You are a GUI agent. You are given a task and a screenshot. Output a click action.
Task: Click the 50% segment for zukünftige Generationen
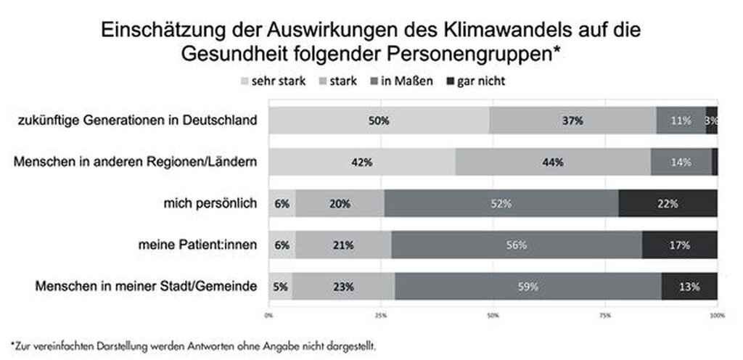coord(378,120)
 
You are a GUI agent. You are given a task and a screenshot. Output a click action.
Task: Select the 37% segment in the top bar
coord(572,120)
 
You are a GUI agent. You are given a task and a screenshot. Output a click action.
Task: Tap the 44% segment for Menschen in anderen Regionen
coord(553,162)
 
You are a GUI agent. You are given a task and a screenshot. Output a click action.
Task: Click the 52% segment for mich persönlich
coord(501,204)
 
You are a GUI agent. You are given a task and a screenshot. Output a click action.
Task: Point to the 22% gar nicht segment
coord(668,204)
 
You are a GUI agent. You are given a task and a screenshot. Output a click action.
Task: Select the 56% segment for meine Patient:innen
coord(516,245)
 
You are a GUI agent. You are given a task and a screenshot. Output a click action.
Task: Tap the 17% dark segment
coord(679,245)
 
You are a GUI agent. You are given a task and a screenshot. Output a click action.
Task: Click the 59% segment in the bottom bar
coord(528,287)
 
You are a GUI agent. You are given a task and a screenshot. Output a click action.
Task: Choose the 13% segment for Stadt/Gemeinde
coord(689,287)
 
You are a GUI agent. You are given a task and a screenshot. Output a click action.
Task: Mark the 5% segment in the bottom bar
coord(280,287)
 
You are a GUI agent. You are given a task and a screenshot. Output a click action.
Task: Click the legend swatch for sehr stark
coord(244,81)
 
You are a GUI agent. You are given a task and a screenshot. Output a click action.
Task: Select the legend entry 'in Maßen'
coord(406,81)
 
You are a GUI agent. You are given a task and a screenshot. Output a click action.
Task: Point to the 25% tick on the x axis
coord(380,316)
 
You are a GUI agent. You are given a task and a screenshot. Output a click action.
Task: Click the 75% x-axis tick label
coord(605,316)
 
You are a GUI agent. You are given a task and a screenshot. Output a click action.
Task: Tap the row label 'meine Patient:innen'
coord(198,245)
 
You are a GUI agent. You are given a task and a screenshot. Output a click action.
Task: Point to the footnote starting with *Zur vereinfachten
coord(194,345)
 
